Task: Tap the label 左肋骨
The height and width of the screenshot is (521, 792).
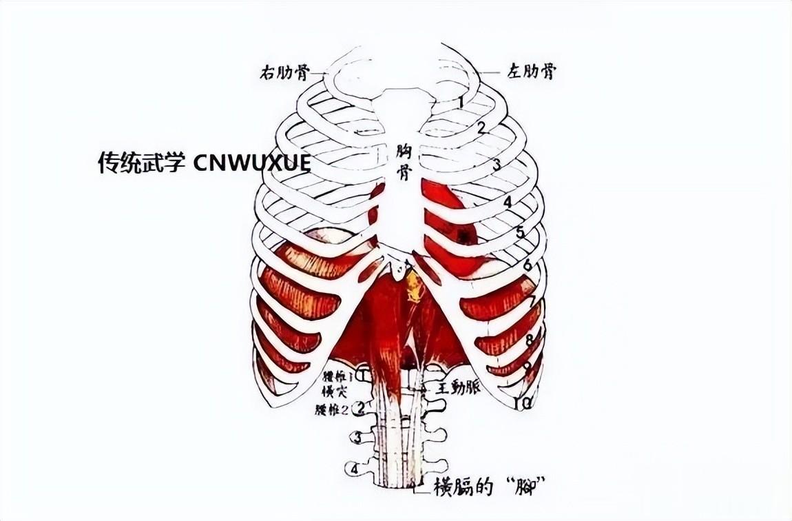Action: click(x=530, y=71)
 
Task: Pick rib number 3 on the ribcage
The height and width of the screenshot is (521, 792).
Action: click(x=495, y=164)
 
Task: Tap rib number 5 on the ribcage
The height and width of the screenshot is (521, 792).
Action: click(x=520, y=232)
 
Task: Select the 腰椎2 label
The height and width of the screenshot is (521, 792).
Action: click(x=333, y=409)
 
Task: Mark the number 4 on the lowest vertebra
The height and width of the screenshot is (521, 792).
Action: click(x=355, y=469)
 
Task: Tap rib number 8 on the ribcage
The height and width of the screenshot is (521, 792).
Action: click(x=529, y=340)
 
